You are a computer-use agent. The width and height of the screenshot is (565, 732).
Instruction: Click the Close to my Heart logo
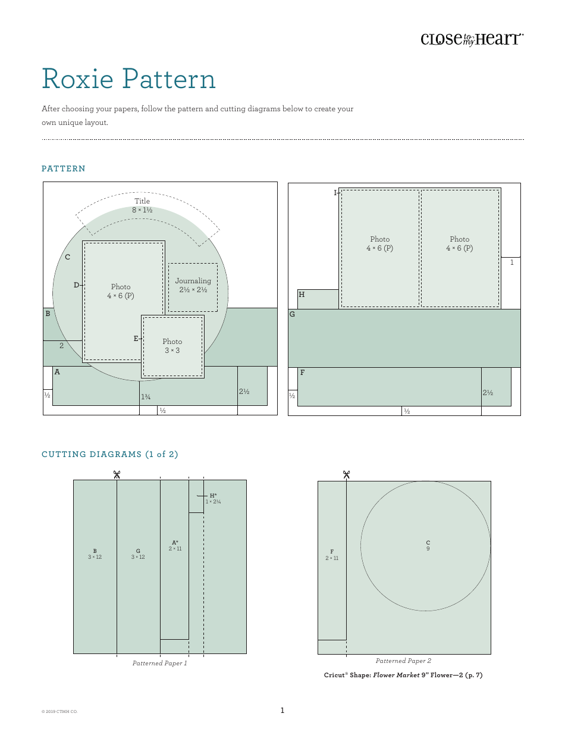coord(472,39)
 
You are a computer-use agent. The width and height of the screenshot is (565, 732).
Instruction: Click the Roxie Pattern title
coord(128,79)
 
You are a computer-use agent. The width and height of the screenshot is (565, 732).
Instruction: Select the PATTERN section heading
coord(64,169)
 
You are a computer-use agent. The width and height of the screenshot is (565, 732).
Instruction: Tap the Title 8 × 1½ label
coord(142,205)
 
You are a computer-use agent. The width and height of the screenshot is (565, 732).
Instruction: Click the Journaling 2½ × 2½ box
coord(193,286)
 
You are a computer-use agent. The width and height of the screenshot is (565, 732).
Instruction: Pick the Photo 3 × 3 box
coord(172,346)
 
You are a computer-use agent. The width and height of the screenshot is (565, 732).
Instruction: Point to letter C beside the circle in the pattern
coord(68,257)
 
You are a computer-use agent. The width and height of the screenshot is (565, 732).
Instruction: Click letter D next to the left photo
coord(76,285)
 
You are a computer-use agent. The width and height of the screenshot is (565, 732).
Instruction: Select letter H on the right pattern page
coord(302,295)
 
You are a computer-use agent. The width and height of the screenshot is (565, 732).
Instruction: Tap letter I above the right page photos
coord(335,193)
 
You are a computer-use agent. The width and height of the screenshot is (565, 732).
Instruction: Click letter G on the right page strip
coord(292,314)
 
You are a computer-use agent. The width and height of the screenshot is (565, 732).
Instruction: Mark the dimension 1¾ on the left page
coord(146,397)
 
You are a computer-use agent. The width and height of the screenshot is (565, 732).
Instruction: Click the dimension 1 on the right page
coord(511,262)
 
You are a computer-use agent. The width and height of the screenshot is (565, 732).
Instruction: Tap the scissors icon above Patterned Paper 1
coord(117,474)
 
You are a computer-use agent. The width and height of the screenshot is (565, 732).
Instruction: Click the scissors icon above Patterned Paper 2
coord(346,474)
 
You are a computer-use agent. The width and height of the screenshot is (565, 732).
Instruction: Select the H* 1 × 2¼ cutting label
coord(213,499)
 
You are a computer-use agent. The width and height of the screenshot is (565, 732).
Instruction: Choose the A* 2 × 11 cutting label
coord(175,546)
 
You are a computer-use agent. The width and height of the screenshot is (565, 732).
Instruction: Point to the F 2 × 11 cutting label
coord(332,555)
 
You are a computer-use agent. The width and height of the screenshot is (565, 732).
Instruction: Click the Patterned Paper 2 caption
coord(403,661)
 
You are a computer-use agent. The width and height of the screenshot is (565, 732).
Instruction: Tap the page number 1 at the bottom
coord(282,710)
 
